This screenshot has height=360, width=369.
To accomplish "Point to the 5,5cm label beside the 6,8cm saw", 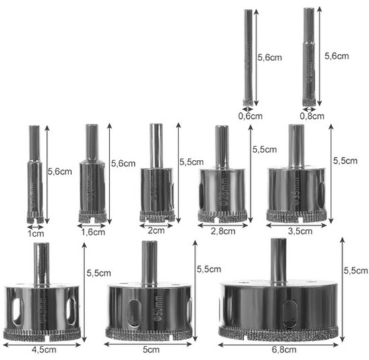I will [x=355, y=270].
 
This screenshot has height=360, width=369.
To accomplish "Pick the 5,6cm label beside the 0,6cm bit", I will [x=270, y=58].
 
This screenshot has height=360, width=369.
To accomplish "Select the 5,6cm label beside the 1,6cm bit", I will [x=125, y=163].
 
